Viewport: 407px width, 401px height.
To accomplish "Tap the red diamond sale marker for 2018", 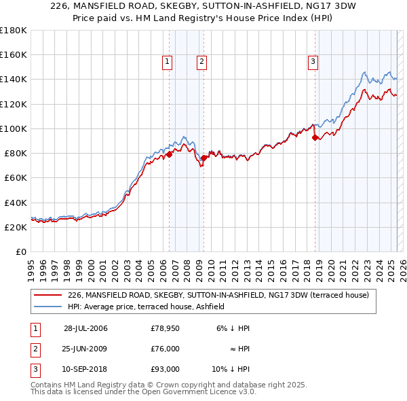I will [x=315, y=137].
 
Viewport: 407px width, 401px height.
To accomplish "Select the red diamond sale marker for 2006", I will [x=169, y=154].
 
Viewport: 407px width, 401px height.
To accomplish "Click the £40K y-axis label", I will [x=15, y=203].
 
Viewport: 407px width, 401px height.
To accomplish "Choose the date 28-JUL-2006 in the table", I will [x=85, y=328].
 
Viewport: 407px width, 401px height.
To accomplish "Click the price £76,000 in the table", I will [x=165, y=349].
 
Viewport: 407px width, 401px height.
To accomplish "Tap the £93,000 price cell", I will [x=165, y=369].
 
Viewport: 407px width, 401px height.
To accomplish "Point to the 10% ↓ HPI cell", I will [x=231, y=369].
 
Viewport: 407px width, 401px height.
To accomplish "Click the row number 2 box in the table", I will [x=34, y=349].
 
